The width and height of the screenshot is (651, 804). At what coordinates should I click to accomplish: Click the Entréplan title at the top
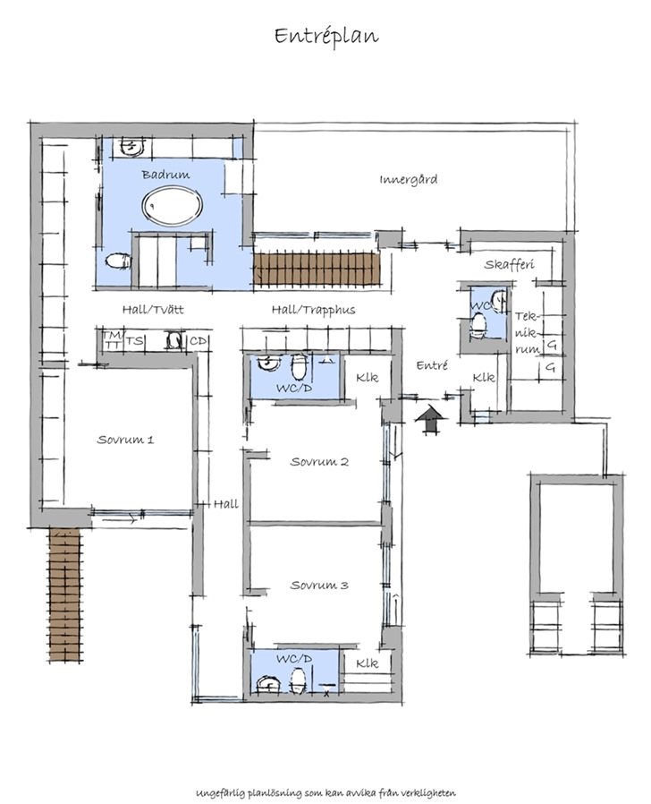pos(325,36)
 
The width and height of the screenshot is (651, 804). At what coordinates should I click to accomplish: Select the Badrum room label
pos(165,175)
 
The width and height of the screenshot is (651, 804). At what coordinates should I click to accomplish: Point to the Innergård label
pos(408,179)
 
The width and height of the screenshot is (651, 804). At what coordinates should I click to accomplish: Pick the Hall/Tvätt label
pos(153,310)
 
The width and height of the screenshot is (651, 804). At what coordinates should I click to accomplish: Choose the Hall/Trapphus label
pos(313,310)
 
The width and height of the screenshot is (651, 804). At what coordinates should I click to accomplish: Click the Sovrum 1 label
pos(125,440)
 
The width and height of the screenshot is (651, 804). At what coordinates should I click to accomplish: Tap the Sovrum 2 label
pos(318,462)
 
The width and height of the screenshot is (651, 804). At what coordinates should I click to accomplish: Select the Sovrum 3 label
pos(318,585)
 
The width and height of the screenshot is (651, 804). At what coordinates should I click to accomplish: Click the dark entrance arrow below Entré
pos(432,418)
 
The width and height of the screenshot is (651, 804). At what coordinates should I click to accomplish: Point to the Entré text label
pos(431,365)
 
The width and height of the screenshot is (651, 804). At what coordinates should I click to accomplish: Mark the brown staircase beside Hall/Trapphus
pos(317,269)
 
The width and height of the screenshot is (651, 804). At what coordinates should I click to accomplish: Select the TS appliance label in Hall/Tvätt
pos(135,341)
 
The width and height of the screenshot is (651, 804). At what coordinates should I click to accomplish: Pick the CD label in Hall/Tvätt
pos(199,341)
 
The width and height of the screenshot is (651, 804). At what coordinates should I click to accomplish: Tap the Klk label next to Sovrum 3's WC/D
pos(368,663)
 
